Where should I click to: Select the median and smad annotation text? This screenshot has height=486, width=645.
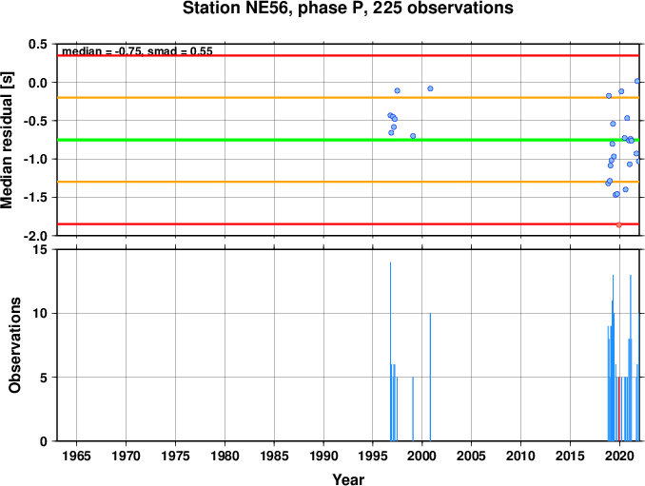pyautogui.click(x=137, y=51)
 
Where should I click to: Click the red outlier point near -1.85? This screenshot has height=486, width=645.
pyautogui.click(x=618, y=224)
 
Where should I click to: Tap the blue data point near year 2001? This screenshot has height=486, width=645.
pyautogui.click(x=430, y=88)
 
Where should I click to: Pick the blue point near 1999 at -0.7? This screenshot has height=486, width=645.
pyautogui.click(x=413, y=136)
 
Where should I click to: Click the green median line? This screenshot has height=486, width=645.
pyautogui.click(x=348, y=140)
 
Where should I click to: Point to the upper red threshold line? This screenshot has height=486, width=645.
pyautogui.click(x=348, y=55)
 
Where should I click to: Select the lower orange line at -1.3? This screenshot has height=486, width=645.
pyautogui.click(x=348, y=182)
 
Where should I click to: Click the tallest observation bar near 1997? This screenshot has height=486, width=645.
pyautogui.click(x=390, y=352)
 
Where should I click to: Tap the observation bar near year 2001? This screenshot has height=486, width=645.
pyautogui.click(x=430, y=377)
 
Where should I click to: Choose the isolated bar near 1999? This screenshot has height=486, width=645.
pyautogui.click(x=413, y=409)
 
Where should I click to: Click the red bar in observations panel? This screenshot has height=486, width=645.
pyautogui.click(x=618, y=409)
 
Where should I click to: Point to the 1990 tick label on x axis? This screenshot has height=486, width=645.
pyautogui.click(x=323, y=456)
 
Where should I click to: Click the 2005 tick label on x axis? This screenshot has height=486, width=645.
pyautogui.click(x=472, y=456)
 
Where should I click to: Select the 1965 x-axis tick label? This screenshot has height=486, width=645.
pyautogui.click(x=77, y=456)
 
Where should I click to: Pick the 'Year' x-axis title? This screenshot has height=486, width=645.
pyautogui.click(x=348, y=479)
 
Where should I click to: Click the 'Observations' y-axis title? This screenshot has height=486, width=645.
pyautogui.click(x=14, y=345)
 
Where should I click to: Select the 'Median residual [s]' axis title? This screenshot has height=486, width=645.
pyautogui.click(x=7, y=140)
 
